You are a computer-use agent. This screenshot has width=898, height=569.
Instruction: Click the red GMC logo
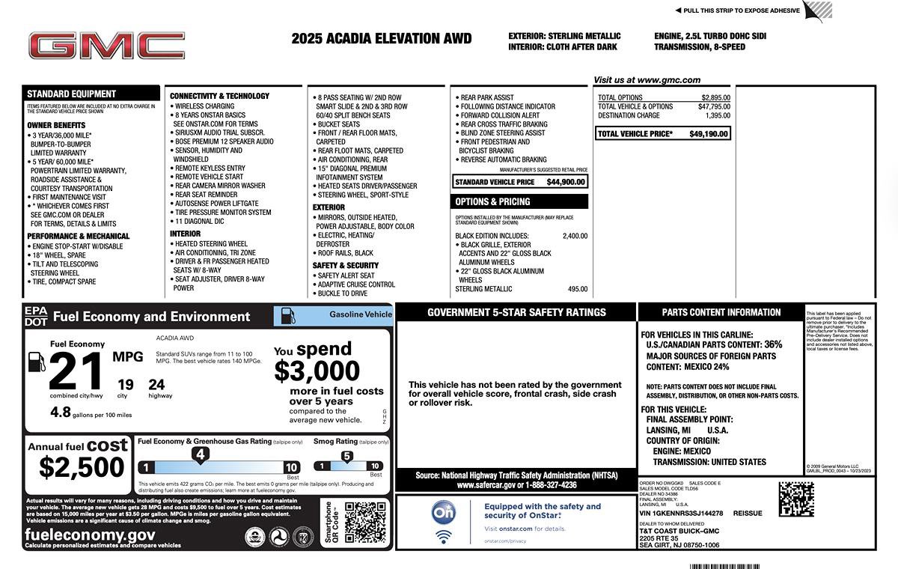107,46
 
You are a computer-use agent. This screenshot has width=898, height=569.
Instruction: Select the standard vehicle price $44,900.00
566,182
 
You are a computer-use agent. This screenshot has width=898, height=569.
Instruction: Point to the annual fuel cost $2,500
82,467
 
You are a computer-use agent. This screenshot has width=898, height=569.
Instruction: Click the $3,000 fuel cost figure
317,371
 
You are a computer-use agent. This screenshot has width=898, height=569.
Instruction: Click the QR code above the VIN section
795,499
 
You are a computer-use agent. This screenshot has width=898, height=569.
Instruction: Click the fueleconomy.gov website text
90,535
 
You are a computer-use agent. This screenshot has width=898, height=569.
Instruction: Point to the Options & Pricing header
492,202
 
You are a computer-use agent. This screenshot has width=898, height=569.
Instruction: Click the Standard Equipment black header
72,94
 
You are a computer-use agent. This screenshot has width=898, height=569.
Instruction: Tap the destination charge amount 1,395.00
718,116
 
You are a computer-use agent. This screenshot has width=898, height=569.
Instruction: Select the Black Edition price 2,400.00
575,236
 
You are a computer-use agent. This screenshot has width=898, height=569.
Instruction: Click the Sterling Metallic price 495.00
577,289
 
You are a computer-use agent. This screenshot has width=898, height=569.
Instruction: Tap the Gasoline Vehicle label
360,314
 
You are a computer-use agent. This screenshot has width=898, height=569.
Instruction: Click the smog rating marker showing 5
346,456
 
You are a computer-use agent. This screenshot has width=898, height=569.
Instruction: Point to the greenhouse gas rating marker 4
200,454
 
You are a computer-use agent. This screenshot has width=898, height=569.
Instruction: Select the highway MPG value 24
156,385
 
